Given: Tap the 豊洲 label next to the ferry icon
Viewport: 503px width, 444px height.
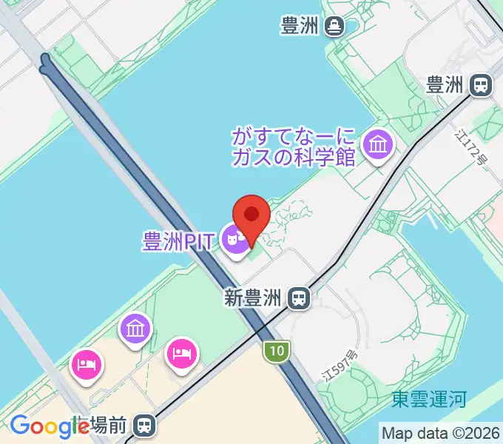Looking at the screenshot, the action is click(300, 27).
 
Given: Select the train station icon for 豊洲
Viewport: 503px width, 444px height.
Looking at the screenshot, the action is click(481, 85).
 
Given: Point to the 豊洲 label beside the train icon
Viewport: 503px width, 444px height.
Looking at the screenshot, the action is click(445, 85).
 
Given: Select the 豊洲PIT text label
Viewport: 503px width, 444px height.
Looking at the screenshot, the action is click(178, 242).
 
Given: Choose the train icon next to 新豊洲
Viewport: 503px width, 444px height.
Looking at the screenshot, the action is click(300, 299).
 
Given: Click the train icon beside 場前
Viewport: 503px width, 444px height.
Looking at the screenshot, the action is click(145, 425).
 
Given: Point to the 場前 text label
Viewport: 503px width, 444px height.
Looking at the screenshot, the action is click(109, 425).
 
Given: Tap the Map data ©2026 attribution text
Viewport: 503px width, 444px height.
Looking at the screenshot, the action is click(440, 433).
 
